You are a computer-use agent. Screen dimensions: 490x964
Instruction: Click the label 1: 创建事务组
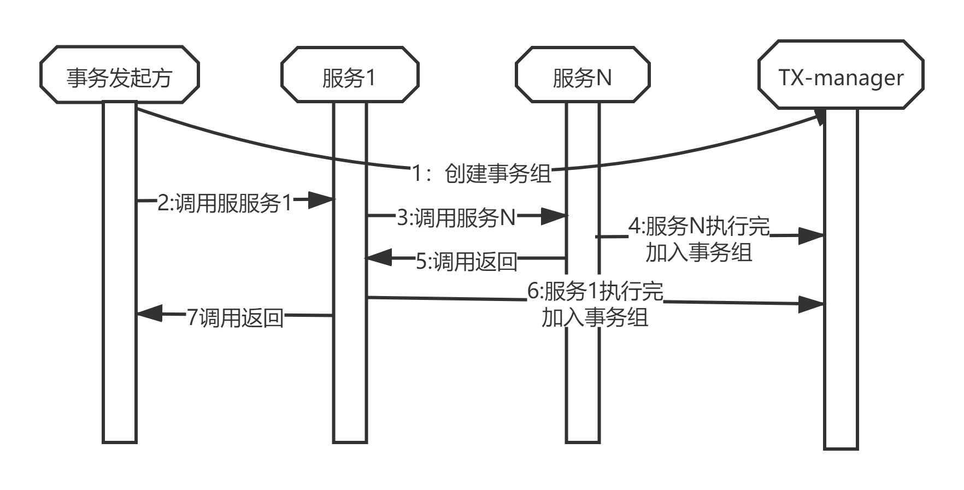[x=481, y=174]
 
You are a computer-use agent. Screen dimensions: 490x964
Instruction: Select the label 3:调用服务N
[x=456, y=218]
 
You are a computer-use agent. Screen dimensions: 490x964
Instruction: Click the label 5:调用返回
[x=467, y=262]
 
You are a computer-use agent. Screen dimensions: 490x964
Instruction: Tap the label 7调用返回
[x=236, y=317]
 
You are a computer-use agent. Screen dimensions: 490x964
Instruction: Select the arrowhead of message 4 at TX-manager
[x=812, y=236]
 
